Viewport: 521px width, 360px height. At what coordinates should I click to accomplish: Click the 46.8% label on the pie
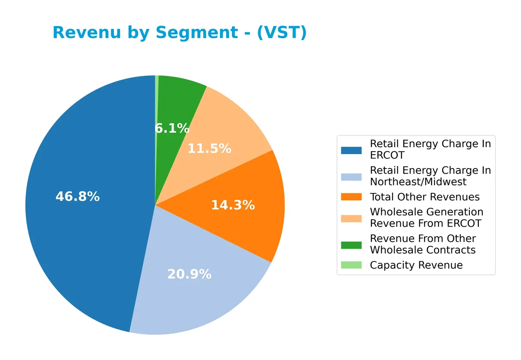(x=77, y=197)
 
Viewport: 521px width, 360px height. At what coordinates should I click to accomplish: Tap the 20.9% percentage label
(x=189, y=274)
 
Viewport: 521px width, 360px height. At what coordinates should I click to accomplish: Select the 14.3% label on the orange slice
(x=233, y=205)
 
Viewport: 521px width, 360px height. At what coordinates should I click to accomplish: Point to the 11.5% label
(x=209, y=149)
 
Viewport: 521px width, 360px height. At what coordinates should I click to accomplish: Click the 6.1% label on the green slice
(x=172, y=129)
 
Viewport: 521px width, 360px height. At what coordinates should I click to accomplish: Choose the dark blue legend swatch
(x=351, y=150)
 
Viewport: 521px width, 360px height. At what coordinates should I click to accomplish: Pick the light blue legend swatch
(x=351, y=176)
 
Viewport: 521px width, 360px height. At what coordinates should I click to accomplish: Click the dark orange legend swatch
(x=351, y=197)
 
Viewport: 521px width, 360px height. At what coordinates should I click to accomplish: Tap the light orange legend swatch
(x=351, y=218)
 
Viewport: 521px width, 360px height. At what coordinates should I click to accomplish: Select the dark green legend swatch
(x=351, y=245)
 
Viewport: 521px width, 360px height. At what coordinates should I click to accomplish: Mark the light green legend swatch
(x=351, y=265)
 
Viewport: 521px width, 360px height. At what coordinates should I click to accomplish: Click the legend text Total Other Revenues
(x=425, y=197)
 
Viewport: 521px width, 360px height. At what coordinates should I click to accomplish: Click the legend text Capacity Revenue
(x=416, y=265)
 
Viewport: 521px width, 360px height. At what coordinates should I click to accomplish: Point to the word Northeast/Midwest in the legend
(x=418, y=182)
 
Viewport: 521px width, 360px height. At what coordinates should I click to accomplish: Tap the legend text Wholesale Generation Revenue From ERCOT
(x=426, y=218)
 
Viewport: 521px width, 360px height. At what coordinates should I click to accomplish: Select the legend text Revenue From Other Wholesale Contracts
(x=423, y=244)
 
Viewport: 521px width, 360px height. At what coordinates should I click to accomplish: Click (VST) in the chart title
(x=282, y=33)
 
